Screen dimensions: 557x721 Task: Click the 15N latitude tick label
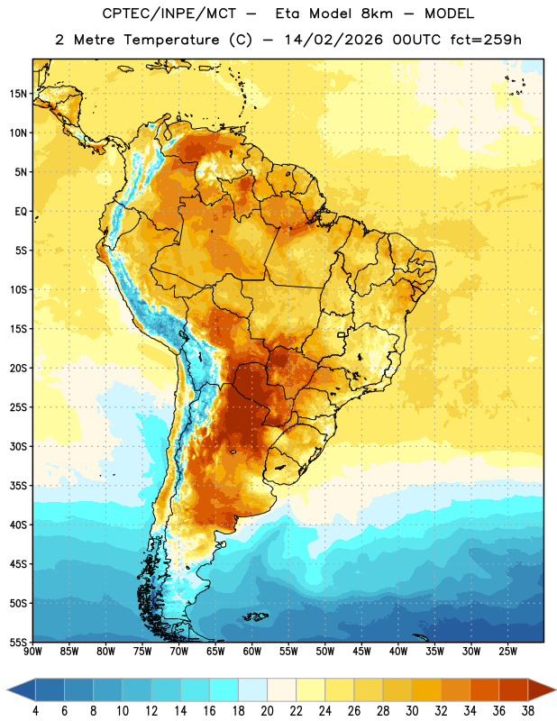[18, 94]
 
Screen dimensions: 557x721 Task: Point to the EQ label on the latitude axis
[21, 212]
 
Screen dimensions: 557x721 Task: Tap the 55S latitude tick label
[18, 642]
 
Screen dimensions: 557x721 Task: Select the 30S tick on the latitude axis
[18, 446]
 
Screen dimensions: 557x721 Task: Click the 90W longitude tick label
[32, 652]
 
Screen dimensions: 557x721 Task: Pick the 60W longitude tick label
[252, 652]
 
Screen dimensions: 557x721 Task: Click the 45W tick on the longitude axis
[361, 652]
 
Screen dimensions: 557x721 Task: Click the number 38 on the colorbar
[527, 711]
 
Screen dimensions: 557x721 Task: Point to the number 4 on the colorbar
[35, 711]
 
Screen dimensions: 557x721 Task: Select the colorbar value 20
[267, 711]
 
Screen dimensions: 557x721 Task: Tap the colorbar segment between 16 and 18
[224, 690]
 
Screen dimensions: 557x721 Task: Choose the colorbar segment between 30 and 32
[426, 690]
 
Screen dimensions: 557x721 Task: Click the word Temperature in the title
[171, 40]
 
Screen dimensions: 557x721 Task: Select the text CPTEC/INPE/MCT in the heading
[169, 14]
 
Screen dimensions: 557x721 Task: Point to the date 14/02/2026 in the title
[333, 40]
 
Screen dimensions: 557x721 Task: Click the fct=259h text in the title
[486, 40]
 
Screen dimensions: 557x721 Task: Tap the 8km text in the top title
[377, 14]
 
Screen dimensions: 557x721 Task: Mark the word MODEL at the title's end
[449, 14]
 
